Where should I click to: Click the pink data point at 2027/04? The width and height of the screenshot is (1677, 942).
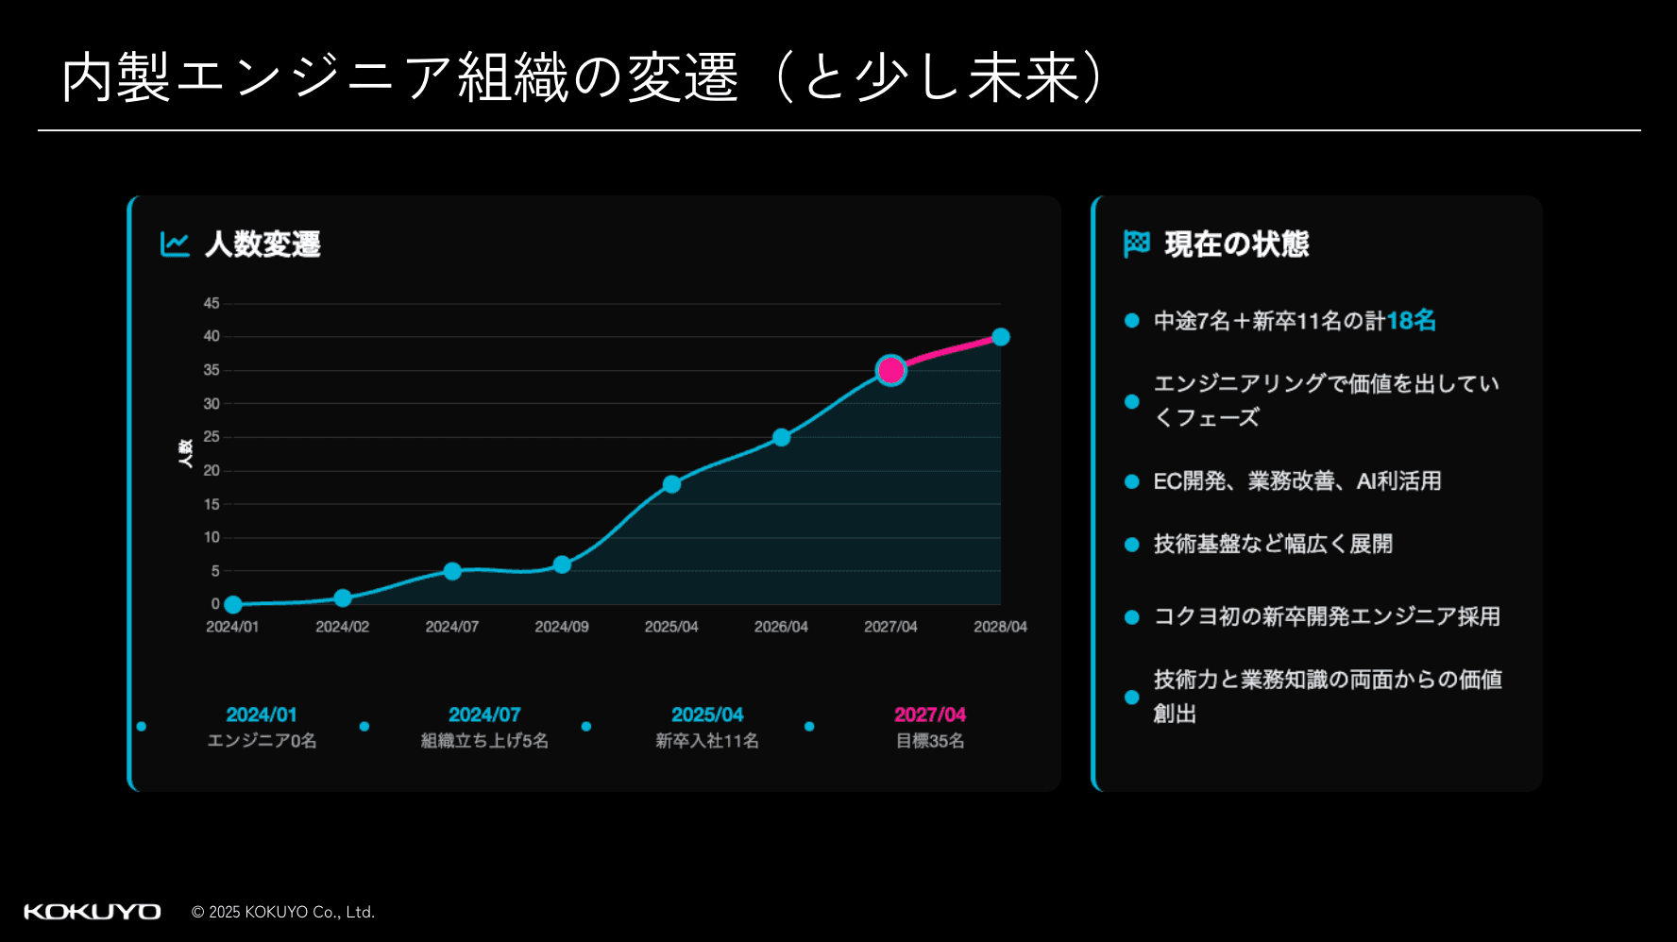pyautogui.click(x=890, y=370)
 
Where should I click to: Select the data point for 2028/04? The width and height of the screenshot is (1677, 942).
pyautogui.click(x=1001, y=337)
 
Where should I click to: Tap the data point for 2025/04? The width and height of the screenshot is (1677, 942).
pyautogui.click(x=671, y=484)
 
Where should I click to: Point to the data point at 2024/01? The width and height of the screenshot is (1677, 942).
pyautogui.click(x=233, y=604)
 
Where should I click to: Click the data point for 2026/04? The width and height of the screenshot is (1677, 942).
pyautogui.click(x=781, y=437)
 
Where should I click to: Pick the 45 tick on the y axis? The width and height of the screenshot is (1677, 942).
pyautogui.click(x=212, y=303)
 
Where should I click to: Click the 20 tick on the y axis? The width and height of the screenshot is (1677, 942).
pyautogui.click(x=212, y=470)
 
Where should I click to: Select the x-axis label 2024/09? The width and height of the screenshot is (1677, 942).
pyautogui.click(x=562, y=627)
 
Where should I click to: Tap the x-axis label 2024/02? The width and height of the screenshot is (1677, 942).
pyautogui.click(x=342, y=627)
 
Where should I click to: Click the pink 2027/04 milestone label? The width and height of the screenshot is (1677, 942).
pyautogui.click(x=930, y=715)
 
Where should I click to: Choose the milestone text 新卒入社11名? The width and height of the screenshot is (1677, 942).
pyautogui.click(x=707, y=741)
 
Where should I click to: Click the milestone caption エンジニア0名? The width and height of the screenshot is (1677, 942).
pyautogui.click(x=262, y=741)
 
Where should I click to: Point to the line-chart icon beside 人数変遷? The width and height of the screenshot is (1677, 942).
pyautogui.click(x=175, y=244)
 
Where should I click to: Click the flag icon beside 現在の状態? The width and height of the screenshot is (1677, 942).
pyautogui.click(x=1137, y=244)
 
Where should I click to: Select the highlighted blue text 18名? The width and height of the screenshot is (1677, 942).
pyautogui.click(x=1411, y=321)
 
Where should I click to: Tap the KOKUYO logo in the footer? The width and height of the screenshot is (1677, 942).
pyautogui.click(x=93, y=912)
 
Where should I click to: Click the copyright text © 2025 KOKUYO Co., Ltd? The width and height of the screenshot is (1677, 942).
pyautogui.click(x=283, y=912)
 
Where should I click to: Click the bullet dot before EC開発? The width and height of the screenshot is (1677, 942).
pyautogui.click(x=1132, y=481)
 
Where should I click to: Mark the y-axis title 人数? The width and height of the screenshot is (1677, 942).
pyautogui.click(x=186, y=453)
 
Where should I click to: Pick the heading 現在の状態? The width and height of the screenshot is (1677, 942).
pyautogui.click(x=1237, y=244)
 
